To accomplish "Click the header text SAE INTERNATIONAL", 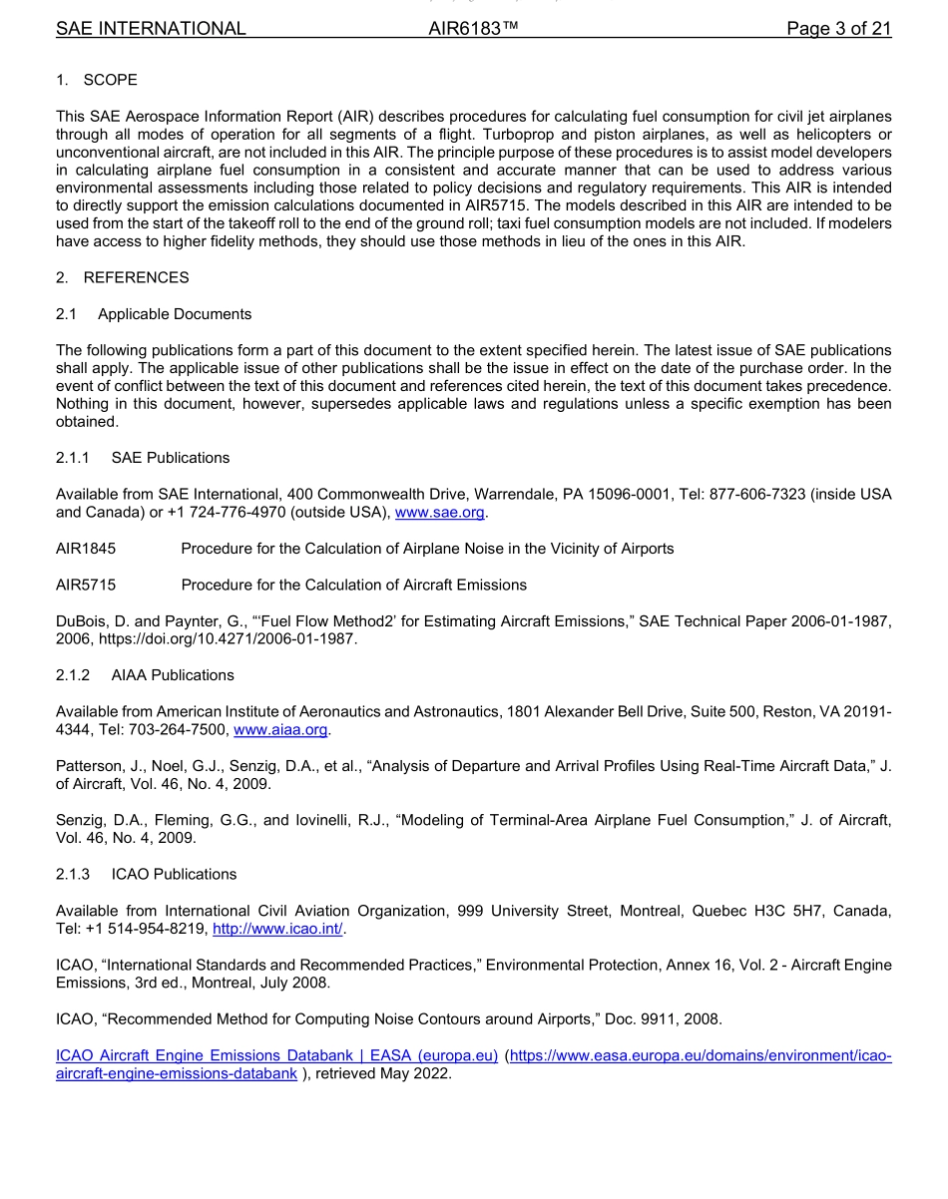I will pos(151,29).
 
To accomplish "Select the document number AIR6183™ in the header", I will pos(473,29).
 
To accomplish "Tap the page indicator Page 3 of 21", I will pos(838,29).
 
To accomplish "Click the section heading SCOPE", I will pos(110,80).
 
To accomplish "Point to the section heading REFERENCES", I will pos(136,277).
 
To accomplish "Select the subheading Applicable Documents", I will pos(175,314).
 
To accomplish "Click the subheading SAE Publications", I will pos(171,458).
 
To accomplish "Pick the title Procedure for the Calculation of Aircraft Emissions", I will pos(353,585).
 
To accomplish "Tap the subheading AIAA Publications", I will pos(173,675).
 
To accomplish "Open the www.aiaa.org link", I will pos(280,730).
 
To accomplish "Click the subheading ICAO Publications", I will pos(175,874).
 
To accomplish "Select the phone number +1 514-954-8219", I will pos(148,929).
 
